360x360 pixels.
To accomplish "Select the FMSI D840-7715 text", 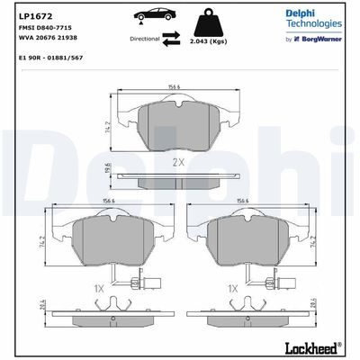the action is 45,28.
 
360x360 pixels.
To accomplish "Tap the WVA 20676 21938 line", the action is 48,38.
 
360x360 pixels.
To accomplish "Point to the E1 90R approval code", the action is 50,58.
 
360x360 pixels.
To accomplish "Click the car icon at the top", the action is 155,15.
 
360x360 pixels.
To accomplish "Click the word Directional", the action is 145,39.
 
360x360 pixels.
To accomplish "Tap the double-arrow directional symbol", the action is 171,39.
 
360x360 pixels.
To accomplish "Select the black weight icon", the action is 210,22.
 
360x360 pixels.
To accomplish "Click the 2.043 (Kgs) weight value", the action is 209,41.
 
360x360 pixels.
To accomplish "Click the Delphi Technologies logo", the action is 313,18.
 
